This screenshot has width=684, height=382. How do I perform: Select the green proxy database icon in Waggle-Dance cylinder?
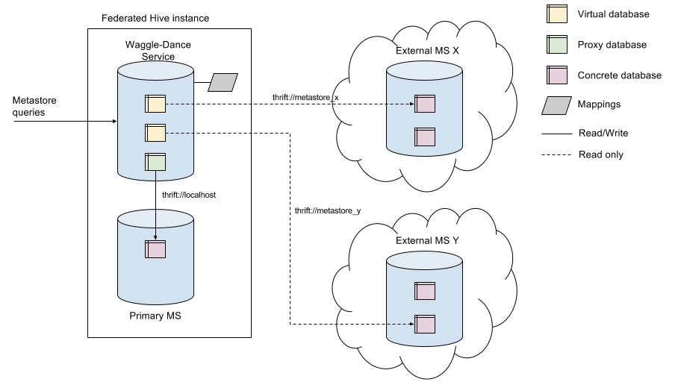coord(155,162)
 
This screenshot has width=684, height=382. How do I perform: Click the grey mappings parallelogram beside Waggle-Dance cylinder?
coord(222,82)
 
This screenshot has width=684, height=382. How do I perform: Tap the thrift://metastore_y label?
coord(329,211)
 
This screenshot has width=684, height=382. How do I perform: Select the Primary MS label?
coord(155,316)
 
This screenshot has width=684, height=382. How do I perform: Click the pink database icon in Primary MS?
coord(155,248)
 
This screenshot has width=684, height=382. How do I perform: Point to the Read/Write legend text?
coord(603,133)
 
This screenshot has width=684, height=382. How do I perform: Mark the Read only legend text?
coord(600,154)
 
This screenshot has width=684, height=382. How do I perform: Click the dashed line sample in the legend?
coord(556,155)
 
